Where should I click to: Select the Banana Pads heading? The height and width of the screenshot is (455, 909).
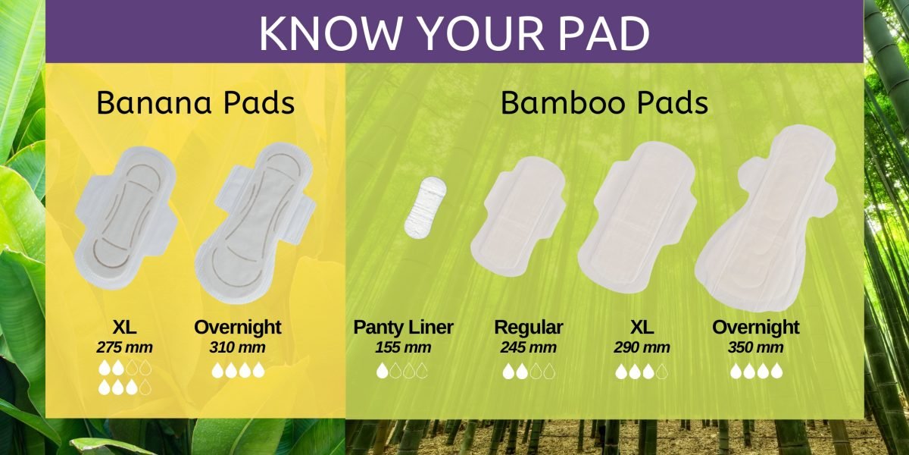coord(195,103)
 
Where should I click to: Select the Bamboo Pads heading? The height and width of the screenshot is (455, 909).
coord(604,103)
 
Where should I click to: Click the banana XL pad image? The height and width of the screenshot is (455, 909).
coord(127,218)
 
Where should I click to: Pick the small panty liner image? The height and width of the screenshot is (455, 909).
coord(425,208)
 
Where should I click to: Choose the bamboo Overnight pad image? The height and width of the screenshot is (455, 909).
coord(766,218)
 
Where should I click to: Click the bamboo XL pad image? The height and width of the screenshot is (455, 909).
coord(637,218)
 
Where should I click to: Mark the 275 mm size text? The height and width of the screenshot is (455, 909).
coord(124,348)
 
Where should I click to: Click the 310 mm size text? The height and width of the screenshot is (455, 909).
coord(237,348)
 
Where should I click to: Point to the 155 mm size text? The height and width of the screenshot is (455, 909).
coord(403,348)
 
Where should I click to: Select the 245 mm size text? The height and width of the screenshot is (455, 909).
coord(528,348)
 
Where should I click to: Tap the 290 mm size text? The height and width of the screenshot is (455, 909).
coord(642,348)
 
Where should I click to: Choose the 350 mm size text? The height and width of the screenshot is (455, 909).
coord(755,348)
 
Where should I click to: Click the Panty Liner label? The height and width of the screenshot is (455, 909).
coord(403,328)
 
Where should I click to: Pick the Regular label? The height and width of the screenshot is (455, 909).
coord(529,328)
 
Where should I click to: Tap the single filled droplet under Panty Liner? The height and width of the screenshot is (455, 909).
coord(382,371)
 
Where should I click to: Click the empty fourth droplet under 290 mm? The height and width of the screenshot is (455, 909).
coord(662,372)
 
